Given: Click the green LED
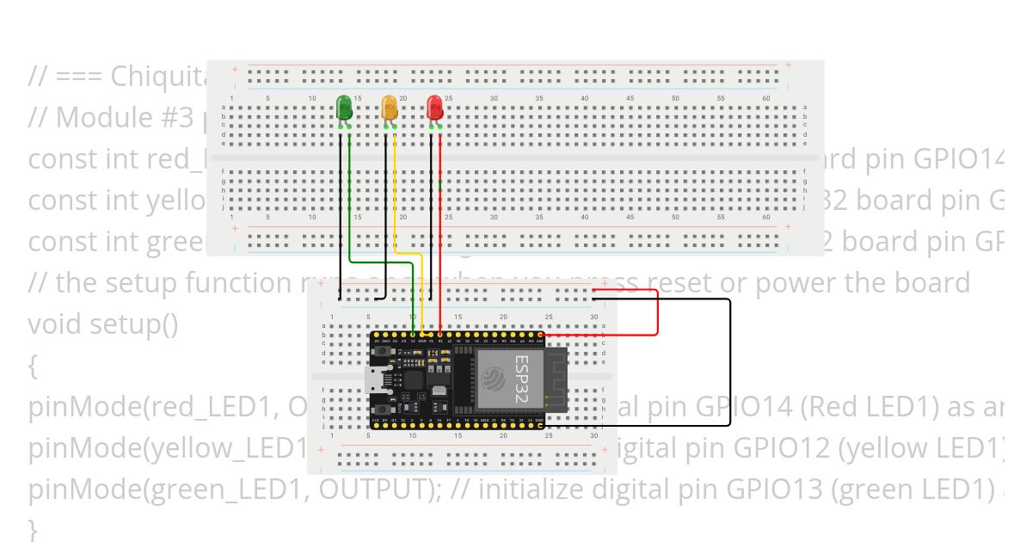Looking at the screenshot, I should [x=344, y=108].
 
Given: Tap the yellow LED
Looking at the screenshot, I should [x=390, y=108].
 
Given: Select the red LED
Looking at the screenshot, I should [x=435, y=108].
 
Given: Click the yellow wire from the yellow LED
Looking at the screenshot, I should [x=395, y=198].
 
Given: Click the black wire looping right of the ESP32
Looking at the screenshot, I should [x=730, y=361].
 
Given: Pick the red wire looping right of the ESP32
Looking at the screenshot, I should [x=657, y=314].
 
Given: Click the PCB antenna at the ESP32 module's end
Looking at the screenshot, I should [x=555, y=379].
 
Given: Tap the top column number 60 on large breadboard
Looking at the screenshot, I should [x=765, y=98].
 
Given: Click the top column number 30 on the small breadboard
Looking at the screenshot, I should [x=593, y=317].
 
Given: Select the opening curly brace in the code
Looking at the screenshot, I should [x=33, y=366].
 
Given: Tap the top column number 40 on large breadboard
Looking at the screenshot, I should [x=585, y=98].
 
